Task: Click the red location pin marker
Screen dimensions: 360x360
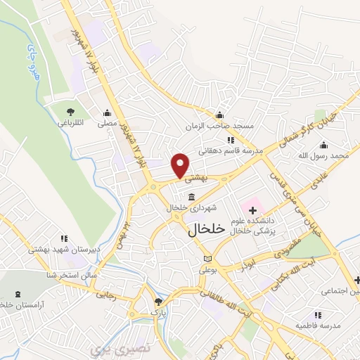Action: click(181, 165)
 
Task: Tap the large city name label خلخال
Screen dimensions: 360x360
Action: click(207, 229)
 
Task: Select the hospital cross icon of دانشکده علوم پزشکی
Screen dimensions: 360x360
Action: click(252, 210)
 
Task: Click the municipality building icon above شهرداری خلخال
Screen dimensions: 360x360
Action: click(192, 198)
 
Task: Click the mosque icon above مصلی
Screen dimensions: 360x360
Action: click(107, 112)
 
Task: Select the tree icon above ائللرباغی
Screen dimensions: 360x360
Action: click(70, 112)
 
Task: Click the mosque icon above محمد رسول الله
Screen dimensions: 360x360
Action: click(341, 143)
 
